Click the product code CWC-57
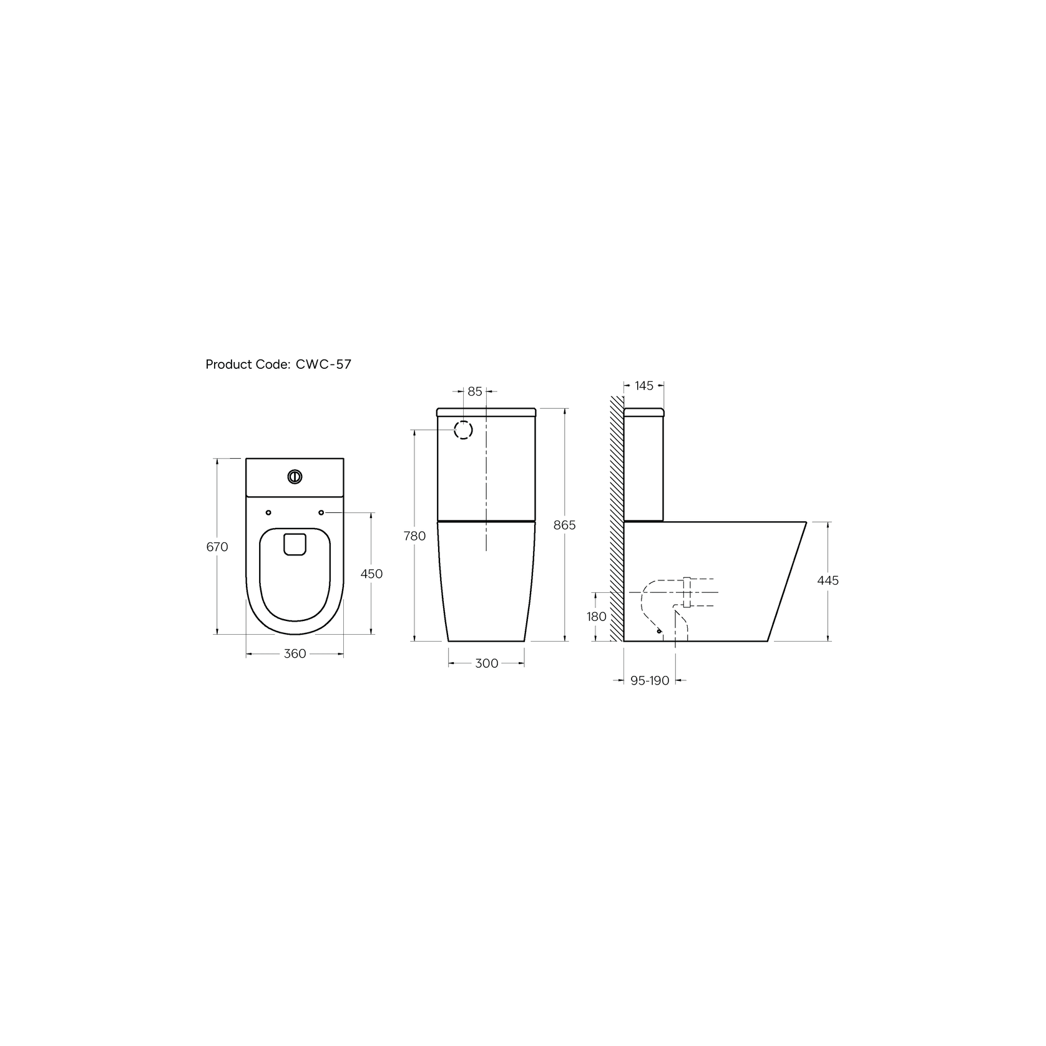(x=323, y=364)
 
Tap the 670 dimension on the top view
(x=217, y=547)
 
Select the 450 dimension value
(x=371, y=574)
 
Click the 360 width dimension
(x=295, y=653)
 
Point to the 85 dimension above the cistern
(x=475, y=391)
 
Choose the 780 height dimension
(x=414, y=535)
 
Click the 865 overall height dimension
(x=565, y=525)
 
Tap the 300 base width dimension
(x=486, y=663)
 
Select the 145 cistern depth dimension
(x=643, y=386)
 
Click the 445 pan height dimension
(x=828, y=580)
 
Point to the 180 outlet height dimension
(x=597, y=617)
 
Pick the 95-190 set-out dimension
(x=649, y=680)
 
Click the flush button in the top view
(x=295, y=477)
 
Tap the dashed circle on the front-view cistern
(x=463, y=429)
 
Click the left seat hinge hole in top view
(x=268, y=512)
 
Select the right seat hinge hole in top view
(x=321, y=512)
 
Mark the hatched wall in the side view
(x=617, y=518)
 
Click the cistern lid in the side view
(x=643, y=411)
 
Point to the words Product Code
(x=247, y=364)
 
